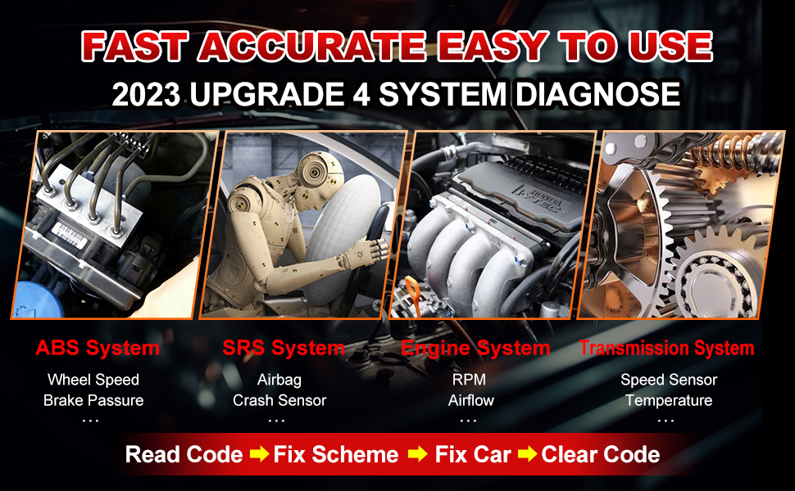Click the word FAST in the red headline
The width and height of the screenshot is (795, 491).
pos(135,47)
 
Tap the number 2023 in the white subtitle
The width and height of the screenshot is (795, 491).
pos(146,94)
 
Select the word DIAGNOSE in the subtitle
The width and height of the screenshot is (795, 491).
pos(597,94)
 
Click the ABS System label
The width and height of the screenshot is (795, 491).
pos(98,348)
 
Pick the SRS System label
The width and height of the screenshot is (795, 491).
pos(284,348)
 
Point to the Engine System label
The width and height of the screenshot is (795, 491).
pos(475,349)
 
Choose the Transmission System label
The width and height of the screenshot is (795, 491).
pos(666,348)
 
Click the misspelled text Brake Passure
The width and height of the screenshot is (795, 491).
pos(93,400)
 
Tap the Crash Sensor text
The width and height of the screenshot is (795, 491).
pos(279,400)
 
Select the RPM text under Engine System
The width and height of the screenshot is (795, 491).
pos(469,379)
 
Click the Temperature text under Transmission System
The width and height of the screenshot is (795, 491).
pos(669,400)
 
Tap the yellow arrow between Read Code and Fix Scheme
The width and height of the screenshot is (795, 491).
pos(259,453)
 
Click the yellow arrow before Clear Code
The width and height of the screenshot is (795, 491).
pos(527,453)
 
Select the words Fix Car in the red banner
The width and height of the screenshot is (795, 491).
pos(473,454)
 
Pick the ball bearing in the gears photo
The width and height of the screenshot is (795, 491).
pos(715,283)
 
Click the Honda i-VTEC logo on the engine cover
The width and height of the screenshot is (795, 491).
pos(540,198)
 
